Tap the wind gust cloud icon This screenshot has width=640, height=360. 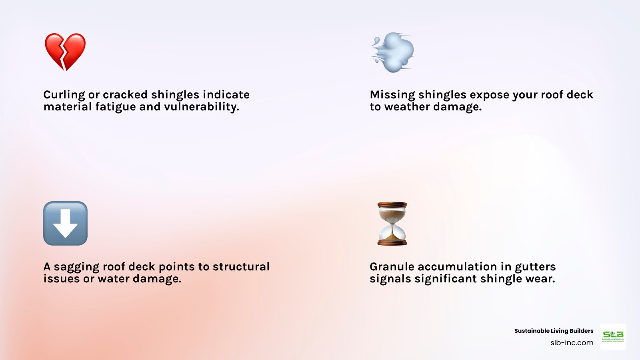[x=393, y=52]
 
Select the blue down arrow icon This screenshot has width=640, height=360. [x=65, y=223]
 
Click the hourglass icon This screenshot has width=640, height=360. [x=392, y=223]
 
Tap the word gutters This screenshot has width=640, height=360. [x=535, y=267]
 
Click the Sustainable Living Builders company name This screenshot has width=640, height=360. [x=554, y=331]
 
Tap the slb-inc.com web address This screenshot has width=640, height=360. [x=572, y=343]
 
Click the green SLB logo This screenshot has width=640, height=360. [x=613, y=336]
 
